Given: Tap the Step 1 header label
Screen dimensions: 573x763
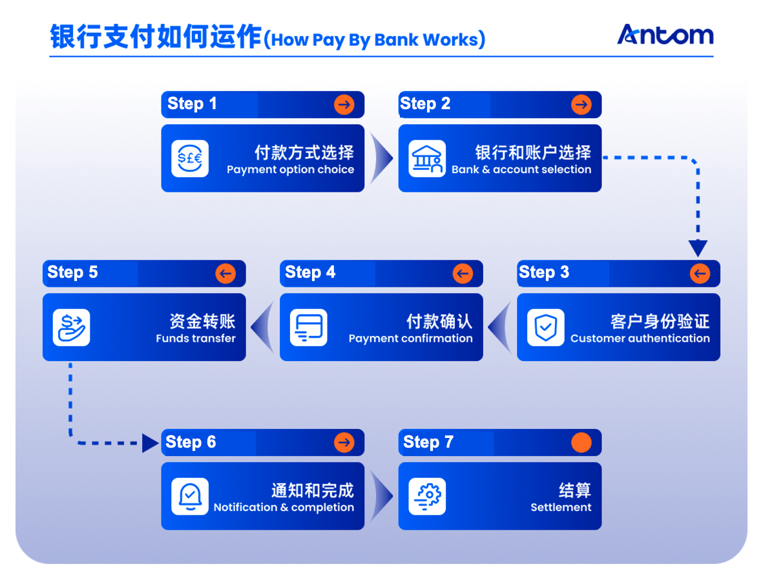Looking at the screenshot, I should coord(192,104).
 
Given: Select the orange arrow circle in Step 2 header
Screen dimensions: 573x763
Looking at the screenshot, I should coord(581,105).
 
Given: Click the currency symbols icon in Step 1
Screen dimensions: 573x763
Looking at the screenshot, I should coord(190,158).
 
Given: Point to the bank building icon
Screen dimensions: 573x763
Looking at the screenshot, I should coord(427,158).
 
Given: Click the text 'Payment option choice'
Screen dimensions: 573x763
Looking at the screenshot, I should coord(290,170).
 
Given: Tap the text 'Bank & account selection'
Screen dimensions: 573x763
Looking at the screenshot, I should coord(521,170).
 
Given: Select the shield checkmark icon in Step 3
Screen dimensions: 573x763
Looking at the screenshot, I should coord(545,328).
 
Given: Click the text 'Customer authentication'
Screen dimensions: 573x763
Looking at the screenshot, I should coord(640,339).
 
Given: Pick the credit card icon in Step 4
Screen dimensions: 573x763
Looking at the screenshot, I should coord(308,328).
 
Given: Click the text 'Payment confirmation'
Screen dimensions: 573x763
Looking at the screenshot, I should coord(410,339).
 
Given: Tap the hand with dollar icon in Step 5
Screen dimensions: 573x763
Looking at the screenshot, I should coord(71,328).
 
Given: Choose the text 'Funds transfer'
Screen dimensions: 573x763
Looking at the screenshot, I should coord(195,339).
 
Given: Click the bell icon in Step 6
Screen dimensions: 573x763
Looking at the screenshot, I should coord(190,496).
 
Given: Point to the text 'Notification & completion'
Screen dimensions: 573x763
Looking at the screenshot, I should coord(284,508).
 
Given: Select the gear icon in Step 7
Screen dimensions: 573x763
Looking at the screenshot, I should coord(427,496).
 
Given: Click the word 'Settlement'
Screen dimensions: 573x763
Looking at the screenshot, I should coord(561,508).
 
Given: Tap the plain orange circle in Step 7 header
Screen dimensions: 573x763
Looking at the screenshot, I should coord(581,443).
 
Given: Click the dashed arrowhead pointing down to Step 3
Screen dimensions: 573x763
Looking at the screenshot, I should coord(698,248).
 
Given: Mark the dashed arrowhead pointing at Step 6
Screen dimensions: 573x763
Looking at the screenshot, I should coord(151,443).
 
